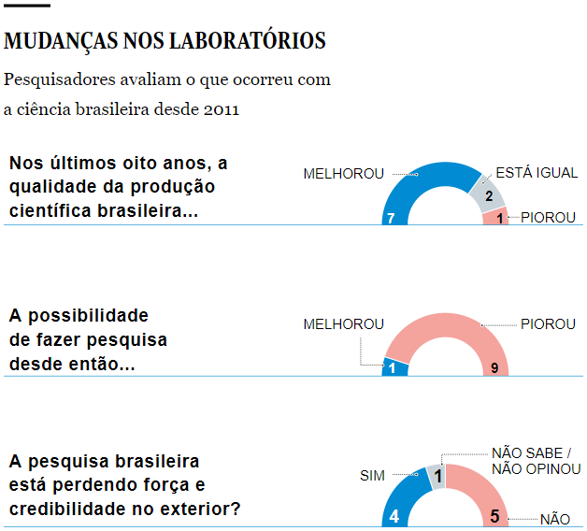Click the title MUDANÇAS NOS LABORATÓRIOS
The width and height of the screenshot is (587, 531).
click(x=165, y=41)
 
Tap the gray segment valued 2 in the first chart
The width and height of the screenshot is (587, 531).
click(x=490, y=194)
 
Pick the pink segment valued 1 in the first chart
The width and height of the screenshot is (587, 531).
click(x=496, y=217)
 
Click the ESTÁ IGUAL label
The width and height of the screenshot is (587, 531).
click(x=537, y=173)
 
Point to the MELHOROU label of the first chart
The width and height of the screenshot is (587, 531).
click(x=343, y=174)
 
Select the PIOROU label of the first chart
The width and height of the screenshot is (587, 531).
click(x=548, y=218)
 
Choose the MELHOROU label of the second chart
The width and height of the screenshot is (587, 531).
click(x=343, y=324)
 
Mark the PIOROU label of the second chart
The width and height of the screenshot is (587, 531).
click(x=548, y=324)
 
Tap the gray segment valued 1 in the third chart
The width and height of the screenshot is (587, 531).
click(x=437, y=477)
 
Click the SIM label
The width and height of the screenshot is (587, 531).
click(x=372, y=476)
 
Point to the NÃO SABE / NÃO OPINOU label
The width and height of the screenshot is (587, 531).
click(x=536, y=461)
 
